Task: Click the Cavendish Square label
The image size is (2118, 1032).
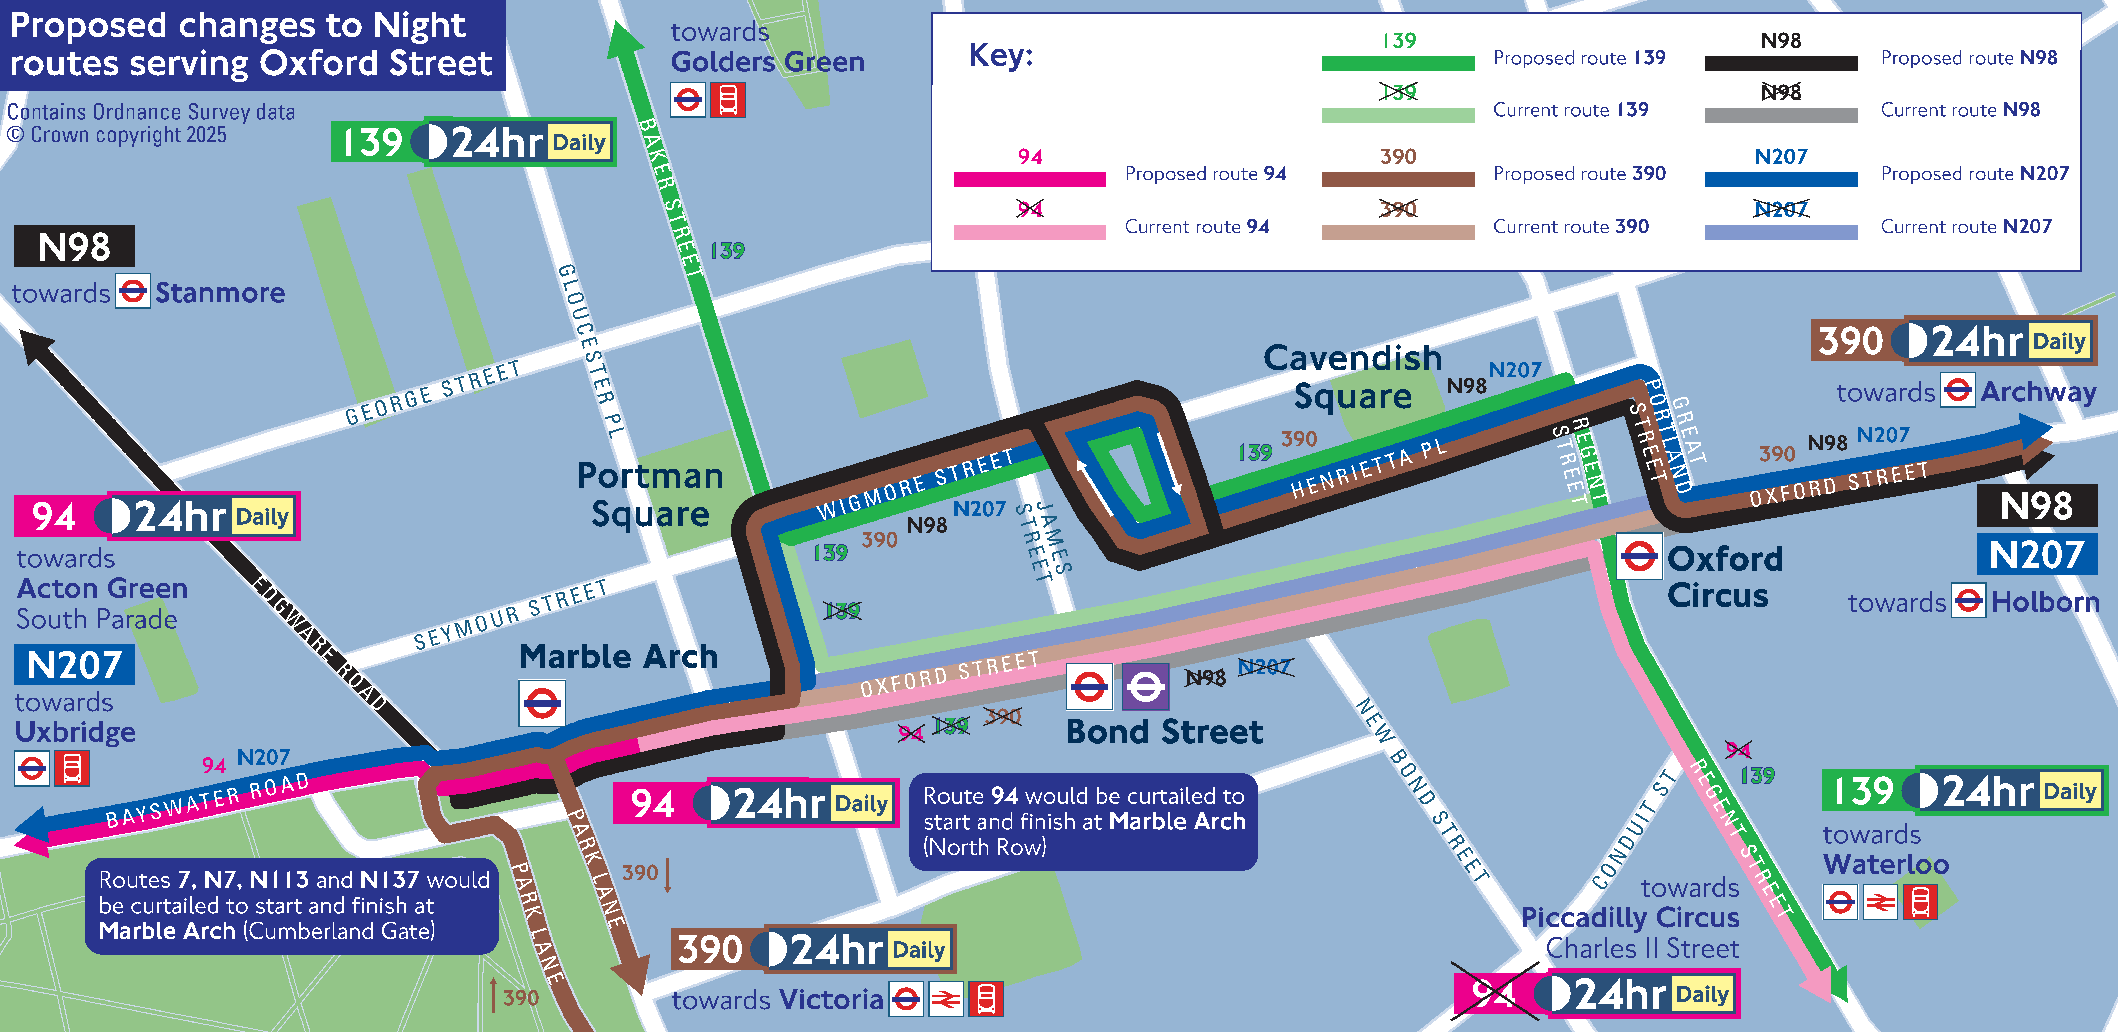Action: click(x=1353, y=377)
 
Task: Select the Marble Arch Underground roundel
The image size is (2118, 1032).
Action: click(x=542, y=703)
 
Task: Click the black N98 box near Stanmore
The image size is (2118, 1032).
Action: click(x=74, y=247)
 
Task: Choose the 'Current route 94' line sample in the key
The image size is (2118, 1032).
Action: click(x=1029, y=233)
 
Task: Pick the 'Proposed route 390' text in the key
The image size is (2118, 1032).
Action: click(x=1579, y=173)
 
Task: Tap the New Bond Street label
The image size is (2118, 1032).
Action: click(x=1421, y=789)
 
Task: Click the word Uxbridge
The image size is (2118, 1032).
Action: click(x=76, y=732)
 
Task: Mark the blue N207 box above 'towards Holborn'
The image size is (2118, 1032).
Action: click(x=2037, y=555)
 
